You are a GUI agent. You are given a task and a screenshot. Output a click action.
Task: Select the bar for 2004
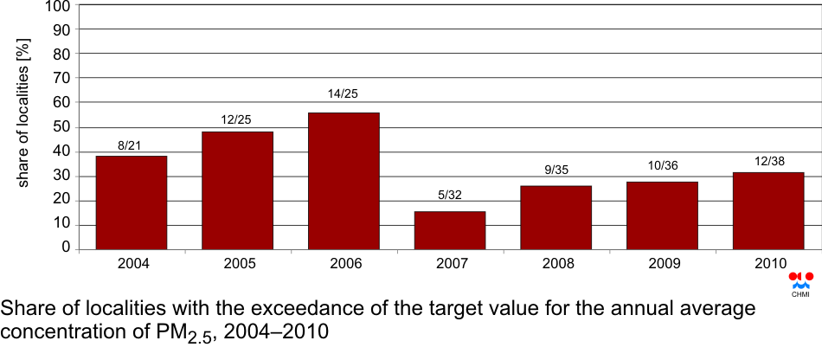click(x=132, y=202)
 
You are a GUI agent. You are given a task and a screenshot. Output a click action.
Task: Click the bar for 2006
click(x=344, y=181)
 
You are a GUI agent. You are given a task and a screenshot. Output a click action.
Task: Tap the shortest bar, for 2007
click(x=450, y=230)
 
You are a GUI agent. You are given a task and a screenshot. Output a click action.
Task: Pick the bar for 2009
click(x=662, y=215)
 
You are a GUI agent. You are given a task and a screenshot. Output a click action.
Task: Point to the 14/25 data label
click(x=344, y=93)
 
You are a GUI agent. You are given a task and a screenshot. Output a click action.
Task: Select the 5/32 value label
click(x=450, y=195)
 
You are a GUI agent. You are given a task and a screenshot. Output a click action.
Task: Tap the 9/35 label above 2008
click(x=555, y=170)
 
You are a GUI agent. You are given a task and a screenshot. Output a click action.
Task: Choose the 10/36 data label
click(x=662, y=165)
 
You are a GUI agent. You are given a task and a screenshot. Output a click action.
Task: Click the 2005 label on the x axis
click(x=237, y=263)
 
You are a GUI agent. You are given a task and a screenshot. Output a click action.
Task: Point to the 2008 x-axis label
click(x=555, y=263)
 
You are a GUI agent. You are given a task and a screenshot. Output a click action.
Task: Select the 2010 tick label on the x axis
click(x=767, y=263)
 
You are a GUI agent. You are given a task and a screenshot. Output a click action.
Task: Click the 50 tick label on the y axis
click(x=61, y=127)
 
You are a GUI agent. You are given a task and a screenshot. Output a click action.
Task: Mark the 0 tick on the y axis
click(x=65, y=248)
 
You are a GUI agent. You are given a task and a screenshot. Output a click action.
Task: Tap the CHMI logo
click(x=800, y=283)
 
